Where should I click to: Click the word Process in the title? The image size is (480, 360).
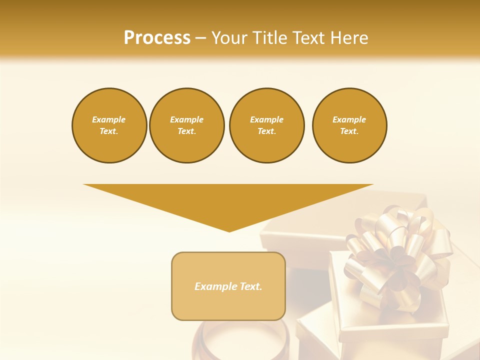(157, 37)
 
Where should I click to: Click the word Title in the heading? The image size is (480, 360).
(269, 37)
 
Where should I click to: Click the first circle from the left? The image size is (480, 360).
(109, 125)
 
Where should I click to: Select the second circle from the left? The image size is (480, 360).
(186, 125)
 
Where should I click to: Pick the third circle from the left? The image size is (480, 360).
(266, 125)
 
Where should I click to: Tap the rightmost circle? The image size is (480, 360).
(349, 125)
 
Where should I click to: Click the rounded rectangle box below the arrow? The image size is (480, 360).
(228, 286)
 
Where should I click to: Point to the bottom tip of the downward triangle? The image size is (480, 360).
(229, 231)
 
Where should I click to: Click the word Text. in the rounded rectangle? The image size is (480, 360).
(251, 286)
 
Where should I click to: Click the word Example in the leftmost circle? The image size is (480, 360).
(109, 119)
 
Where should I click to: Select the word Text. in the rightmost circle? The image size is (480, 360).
(349, 131)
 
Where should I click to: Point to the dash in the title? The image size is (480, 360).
(201, 38)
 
